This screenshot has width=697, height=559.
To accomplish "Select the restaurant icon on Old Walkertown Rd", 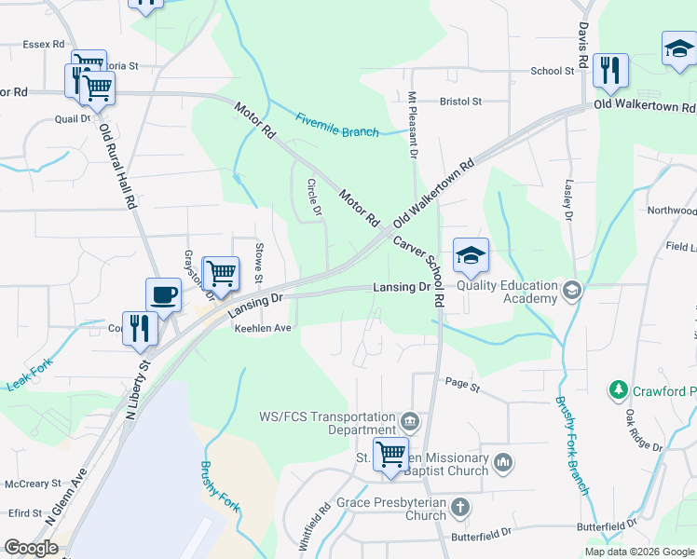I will pyautogui.click(x=611, y=71).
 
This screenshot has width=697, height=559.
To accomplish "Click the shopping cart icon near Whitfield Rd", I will pyautogui.click(x=390, y=456).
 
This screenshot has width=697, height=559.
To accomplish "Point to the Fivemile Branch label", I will pyautogui.click(x=337, y=125).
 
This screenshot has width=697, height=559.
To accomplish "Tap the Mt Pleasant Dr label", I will pyautogui.click(x=410, y=127).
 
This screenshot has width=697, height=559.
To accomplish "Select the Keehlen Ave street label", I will pyautogui.click(x=263, y=329).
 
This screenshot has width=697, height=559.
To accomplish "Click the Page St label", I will pyautogui.click(x=461, y=383).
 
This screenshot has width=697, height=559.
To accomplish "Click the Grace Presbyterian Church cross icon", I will pyautogui.click(x=459, y=508).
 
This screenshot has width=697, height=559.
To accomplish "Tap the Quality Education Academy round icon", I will pyautogui.click(x=571, y=293).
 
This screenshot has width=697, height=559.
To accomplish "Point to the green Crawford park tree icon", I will pyautogui.click(x=618, y=391).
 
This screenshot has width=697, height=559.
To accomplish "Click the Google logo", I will pyautogui.click(x=32, y=548).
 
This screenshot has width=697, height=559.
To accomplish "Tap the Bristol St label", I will pyautogui.click(x=460, y=101).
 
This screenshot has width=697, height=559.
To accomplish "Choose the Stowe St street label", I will pyautogui.click(x=259, y=263).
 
